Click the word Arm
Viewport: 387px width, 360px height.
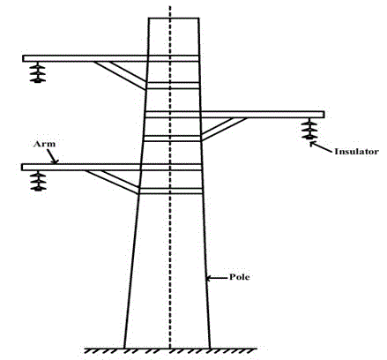[44, 144]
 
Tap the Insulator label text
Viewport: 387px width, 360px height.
[356, 152]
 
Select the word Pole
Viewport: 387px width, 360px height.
[240, 277]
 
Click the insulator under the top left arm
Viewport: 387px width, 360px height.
[37, 72]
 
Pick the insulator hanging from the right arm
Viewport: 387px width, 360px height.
[309, 129]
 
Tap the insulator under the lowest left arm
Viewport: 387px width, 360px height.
[38, 181]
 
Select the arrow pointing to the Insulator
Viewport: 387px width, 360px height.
[322, 147]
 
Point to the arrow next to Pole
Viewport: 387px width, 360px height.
[217, 278]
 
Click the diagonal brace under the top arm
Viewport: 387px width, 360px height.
[121, 75]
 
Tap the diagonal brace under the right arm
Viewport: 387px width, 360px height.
[224, 129]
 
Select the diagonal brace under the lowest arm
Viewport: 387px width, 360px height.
[113, 181]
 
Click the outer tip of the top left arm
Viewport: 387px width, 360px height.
[23, 58]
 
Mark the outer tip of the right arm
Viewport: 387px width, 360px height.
[324, 115]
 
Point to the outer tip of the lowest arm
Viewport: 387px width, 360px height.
[22, 167]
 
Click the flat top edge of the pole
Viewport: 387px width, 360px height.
[174, 19]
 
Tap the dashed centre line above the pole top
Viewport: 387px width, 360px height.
[170, 11]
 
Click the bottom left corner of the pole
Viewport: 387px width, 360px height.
[124, 349]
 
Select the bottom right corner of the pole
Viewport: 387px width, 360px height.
[210, 349]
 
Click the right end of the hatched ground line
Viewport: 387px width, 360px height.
[257, 349]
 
